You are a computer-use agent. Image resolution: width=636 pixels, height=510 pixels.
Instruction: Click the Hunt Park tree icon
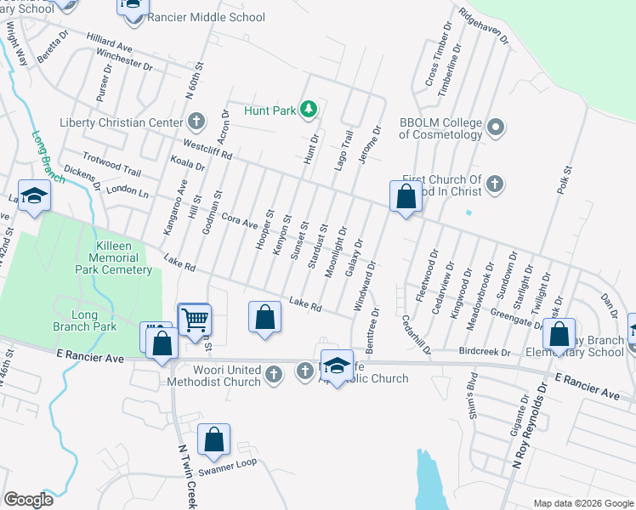(309, 109)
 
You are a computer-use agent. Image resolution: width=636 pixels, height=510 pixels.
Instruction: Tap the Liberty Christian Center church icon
(197, 122)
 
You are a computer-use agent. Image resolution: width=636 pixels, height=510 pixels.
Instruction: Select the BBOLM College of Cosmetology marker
(497, 128)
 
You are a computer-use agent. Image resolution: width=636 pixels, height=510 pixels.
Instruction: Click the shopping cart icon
(195, 320)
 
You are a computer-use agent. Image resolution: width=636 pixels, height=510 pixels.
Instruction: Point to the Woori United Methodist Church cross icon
(274, 373)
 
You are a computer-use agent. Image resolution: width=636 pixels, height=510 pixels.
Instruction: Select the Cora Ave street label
(239, 220)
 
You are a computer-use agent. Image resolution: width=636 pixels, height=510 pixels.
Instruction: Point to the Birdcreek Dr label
(484, 351)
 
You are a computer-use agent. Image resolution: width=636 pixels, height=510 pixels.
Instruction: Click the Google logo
(28, 500)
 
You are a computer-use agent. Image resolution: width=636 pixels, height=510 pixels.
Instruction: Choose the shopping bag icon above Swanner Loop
(213, 439)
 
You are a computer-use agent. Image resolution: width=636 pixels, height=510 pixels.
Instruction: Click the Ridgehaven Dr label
(483, 27)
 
